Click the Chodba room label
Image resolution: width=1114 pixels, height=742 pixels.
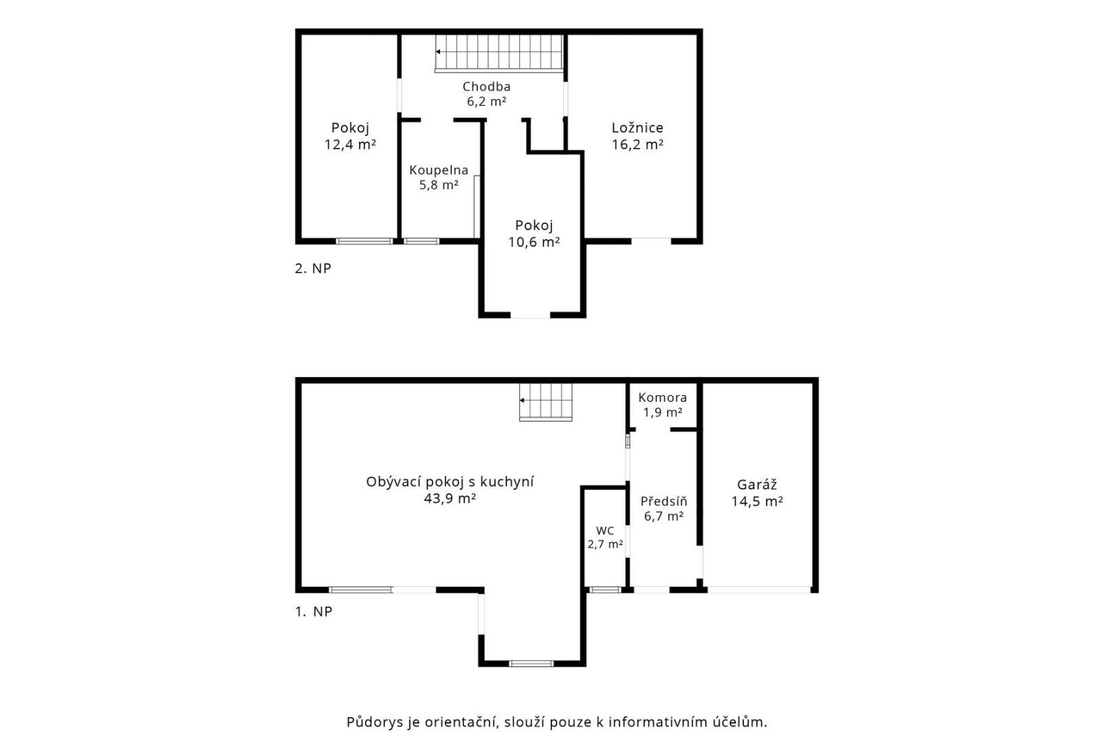[x=486, y=87]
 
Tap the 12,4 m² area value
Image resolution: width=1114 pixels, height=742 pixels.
[x=350, y=145]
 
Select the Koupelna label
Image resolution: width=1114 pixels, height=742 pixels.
[x=439, y=170]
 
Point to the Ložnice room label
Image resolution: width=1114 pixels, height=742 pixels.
[x=637, y=128]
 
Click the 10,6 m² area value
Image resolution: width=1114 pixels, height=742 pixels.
[x=534, y=242]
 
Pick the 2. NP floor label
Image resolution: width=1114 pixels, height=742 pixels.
[x=313, y=269]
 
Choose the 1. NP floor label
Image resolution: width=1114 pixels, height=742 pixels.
[x=314, y=611]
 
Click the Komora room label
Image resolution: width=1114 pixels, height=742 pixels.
[x=662, y=398]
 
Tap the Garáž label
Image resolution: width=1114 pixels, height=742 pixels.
[x=757, y=484]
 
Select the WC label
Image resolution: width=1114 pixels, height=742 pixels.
[x=605, y=531]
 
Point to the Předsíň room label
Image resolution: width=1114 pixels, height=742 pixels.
[x=664, y=501]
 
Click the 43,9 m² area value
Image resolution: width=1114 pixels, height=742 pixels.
[x=450, y=499]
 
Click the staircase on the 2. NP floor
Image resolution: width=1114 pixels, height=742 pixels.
[x=499, y=53]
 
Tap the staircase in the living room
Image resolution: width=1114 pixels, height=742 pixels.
[x=545, y=402]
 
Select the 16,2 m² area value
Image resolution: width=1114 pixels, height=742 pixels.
[x=637, y=145]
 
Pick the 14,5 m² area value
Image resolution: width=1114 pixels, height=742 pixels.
[x=757, y=502]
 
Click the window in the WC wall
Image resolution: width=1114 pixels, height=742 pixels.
[x=605, y=590]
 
